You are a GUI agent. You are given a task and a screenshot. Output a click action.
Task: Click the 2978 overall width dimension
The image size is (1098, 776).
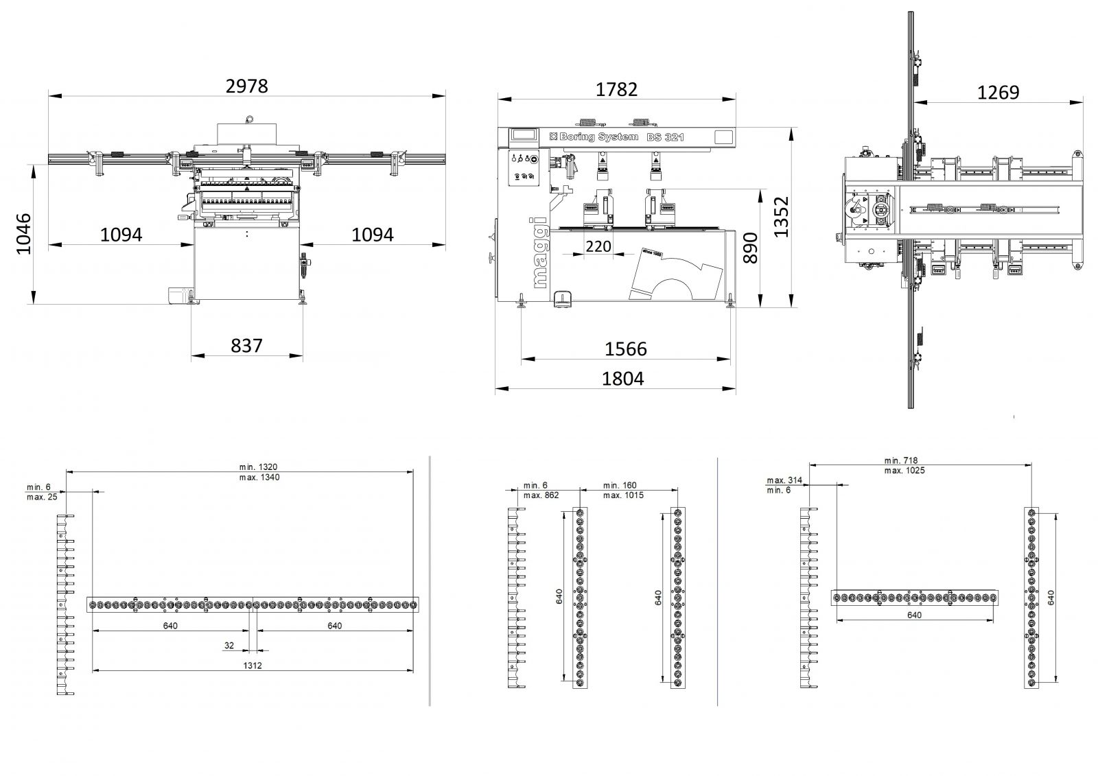246,86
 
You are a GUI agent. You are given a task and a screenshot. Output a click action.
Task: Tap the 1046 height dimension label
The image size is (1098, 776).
25,234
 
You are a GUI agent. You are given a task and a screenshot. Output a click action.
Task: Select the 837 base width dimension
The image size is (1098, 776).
246,344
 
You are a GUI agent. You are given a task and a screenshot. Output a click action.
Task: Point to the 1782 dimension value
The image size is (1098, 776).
616,89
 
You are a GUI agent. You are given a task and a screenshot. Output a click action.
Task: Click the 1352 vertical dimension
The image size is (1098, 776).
782,217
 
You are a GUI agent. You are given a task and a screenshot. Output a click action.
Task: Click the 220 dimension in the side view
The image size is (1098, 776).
598,246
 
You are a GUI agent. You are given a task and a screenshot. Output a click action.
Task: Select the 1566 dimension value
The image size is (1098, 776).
625,349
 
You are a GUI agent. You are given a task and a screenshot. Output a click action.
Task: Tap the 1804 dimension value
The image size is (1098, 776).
623,378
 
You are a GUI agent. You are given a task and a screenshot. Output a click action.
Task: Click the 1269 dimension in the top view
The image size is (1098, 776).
998,92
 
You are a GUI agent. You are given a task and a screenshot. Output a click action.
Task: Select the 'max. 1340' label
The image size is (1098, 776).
260,477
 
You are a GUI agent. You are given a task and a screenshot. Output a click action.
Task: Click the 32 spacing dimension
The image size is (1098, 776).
229,645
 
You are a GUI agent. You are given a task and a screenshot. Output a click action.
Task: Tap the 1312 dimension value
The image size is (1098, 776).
252,665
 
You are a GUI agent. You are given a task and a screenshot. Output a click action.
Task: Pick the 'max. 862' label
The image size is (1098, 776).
541,495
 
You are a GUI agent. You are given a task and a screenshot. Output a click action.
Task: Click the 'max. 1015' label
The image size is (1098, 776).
623,495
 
